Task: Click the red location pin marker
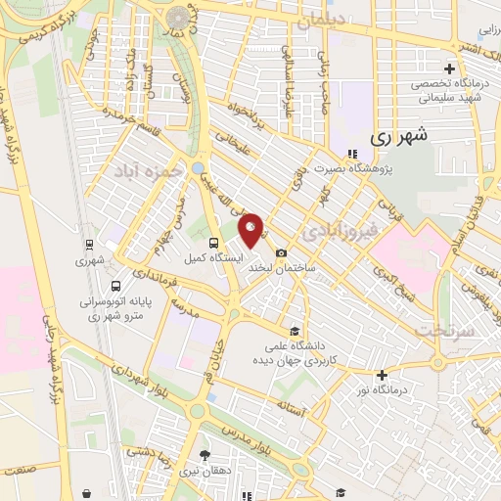pos(251,229)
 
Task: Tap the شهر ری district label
pos(401,138)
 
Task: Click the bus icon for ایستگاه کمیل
pos(215,243)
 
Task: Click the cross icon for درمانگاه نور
pos(382,375)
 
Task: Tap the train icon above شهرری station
pos(89,246)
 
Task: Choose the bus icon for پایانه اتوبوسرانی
pos(117,287)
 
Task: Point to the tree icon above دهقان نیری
pos(205,455)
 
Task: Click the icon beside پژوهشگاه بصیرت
pos(350,154)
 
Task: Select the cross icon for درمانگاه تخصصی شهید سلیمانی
pos(449,68)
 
